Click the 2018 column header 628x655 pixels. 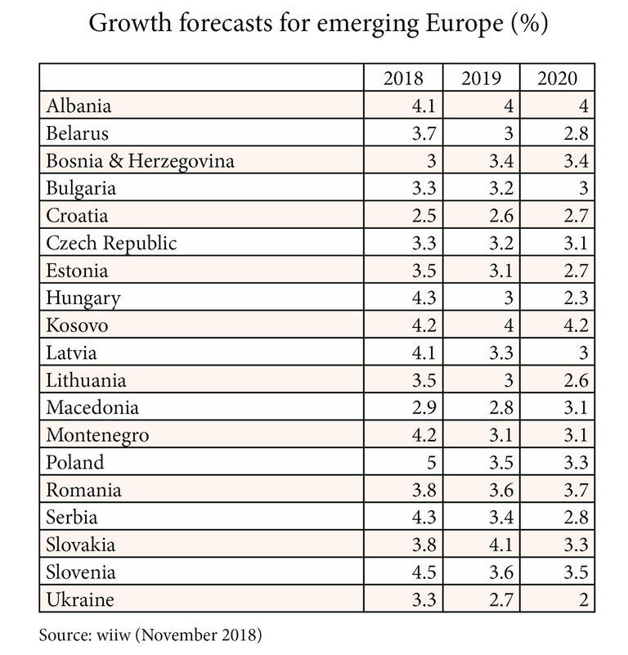403,79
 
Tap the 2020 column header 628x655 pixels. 558,79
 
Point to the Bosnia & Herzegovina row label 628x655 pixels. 141,161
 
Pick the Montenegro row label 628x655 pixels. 97,435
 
